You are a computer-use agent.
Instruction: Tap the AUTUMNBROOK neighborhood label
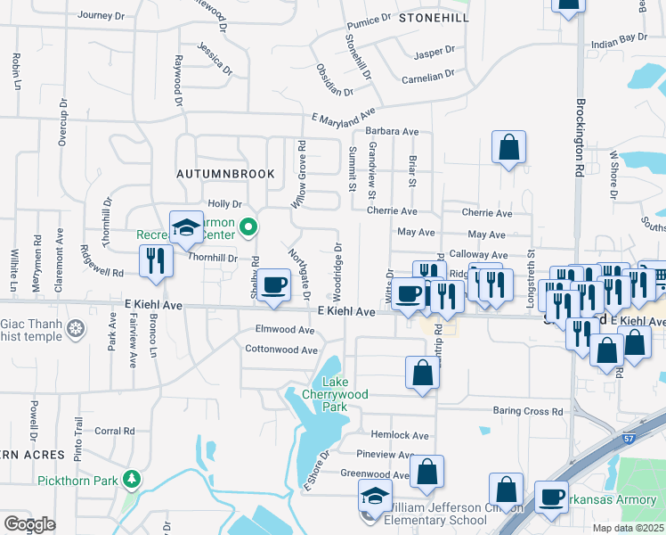coord(225,173)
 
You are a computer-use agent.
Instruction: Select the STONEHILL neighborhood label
coord(433,17)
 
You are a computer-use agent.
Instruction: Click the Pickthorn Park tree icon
coord(132,481)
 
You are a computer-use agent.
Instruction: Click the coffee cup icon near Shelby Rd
coord(275,285)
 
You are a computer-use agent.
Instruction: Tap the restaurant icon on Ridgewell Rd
coord(155,260)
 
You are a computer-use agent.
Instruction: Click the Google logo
coord(28,524)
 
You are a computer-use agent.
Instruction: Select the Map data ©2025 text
coord(628,528)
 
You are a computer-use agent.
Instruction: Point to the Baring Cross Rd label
coord(528,412)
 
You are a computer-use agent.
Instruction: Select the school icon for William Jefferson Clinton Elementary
coord(375,496)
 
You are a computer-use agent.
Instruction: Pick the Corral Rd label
coord(114,431)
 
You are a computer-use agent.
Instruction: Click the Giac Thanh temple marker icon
coord(77,331)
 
